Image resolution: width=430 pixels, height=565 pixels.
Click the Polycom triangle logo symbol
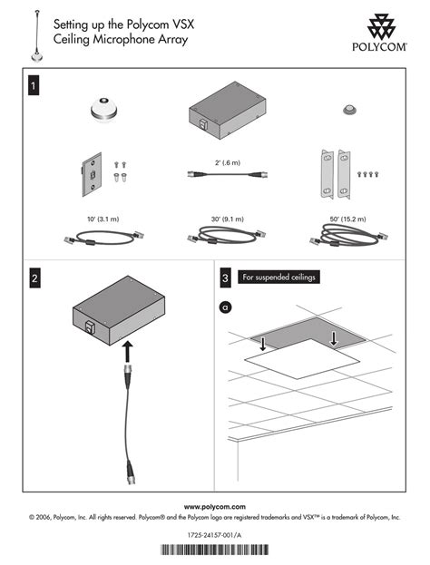coord(381,26)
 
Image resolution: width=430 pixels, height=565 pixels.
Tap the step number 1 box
coord(34,86)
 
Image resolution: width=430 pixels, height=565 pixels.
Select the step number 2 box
coord(34,278)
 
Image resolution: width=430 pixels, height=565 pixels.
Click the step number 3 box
coord(225,278)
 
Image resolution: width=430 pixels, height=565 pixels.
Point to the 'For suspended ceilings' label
coord(279,278)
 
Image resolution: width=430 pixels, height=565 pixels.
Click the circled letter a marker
coord(226,307)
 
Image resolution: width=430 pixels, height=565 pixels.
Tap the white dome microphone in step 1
coord(103,108)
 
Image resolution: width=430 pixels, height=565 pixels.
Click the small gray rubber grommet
coord(348,110)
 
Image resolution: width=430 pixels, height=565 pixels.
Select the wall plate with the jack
coord(92,174)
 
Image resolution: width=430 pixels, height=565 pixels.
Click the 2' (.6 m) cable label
coord(228,163)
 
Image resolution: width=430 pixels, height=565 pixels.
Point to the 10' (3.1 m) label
coord(103,219)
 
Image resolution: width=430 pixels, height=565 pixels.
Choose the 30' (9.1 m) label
coord(228,219)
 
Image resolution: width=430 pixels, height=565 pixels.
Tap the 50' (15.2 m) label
coord(347,219)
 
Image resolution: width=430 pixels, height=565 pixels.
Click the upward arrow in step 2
coord(127,351)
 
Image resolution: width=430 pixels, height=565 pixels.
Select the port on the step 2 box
coord(89,327)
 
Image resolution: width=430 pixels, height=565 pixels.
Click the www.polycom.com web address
coord(215,507)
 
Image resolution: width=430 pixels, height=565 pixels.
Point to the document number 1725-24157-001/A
coord(214,535)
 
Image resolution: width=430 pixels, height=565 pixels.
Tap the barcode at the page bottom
coord(214,550)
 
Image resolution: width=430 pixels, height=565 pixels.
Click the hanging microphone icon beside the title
coord(37,36)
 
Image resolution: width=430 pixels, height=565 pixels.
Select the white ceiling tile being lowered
coord(302,359)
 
